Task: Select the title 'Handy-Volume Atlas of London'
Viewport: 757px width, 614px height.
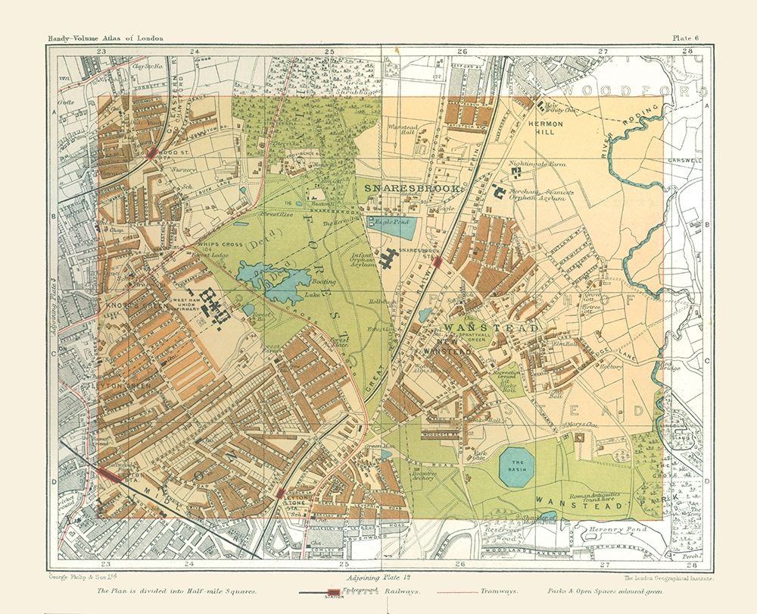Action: tap(105, 38)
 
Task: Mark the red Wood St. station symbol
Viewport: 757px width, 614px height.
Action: tap(153, 152)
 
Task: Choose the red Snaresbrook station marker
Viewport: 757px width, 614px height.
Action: tap(438, 262)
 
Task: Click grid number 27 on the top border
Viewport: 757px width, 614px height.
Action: tap(603, 52)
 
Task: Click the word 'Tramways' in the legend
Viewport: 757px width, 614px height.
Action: tap(498, 588)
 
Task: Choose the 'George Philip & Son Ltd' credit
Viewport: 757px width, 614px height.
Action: tap(70, 578)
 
